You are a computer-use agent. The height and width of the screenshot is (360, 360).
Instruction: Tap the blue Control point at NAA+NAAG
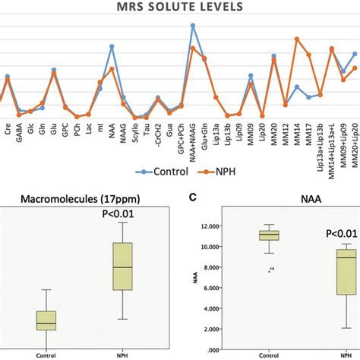192,25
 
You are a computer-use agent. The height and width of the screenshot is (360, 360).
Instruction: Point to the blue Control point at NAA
112,46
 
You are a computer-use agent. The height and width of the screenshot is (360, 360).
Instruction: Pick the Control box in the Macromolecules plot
46,320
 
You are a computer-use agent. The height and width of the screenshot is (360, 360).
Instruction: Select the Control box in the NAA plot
268,235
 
